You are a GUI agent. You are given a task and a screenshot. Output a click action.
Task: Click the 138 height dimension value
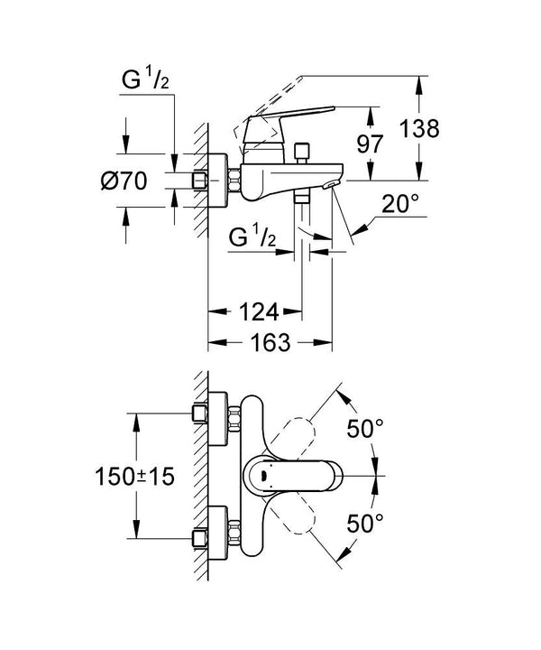click(419, 129)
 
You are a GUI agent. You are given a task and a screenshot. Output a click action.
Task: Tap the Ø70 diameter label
click(124, 181)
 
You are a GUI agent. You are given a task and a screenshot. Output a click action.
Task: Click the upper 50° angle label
click(366, 428)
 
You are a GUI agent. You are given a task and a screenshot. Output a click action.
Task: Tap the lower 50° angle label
click(366, 522)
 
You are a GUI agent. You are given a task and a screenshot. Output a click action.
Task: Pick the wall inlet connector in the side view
click(221, 181)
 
